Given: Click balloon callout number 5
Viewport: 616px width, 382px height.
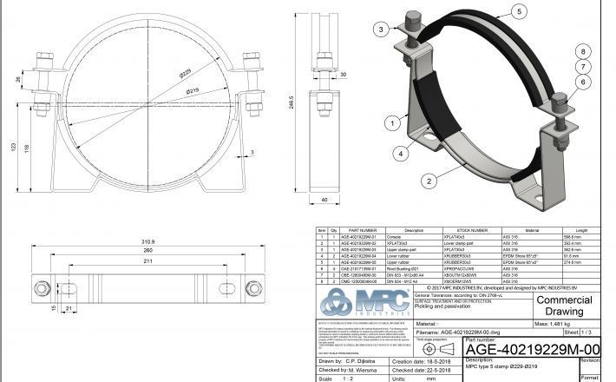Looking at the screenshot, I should click(x=518, y=11).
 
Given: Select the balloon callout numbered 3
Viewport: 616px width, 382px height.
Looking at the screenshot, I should click(x=380, y=30).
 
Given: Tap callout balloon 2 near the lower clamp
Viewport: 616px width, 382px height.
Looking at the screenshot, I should click(x=428, y=181).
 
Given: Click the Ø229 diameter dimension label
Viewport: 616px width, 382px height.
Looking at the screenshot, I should click(x=186, y=73).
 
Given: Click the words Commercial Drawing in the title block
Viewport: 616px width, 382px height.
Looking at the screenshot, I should click(x=565, y=305).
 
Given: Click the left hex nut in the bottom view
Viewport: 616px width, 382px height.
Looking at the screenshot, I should click(x=39, y=288).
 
